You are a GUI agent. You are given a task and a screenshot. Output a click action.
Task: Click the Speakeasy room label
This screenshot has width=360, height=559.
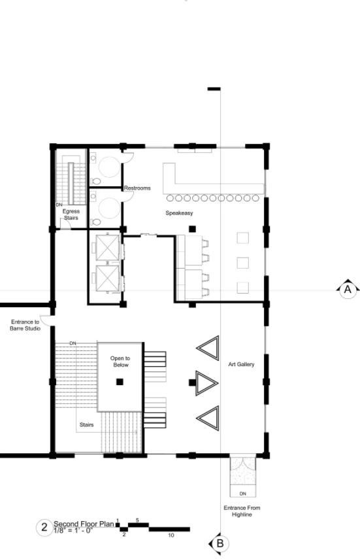[179, 213]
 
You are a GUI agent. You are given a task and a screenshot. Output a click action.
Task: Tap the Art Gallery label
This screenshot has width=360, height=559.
[241, 364]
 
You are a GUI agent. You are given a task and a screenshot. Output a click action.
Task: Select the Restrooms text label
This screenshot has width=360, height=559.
[137, 188]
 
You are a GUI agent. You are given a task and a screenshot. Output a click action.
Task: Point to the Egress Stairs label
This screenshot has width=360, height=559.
[71, 214]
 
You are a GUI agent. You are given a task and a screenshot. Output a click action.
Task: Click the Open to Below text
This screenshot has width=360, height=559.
[120, 362]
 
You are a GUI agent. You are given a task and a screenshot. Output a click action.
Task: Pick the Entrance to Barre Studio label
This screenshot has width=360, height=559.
[25, 325]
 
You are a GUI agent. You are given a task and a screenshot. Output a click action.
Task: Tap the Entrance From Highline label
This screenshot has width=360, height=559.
[242, 511]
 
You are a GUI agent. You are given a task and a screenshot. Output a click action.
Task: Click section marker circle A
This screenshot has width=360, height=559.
[348, 290]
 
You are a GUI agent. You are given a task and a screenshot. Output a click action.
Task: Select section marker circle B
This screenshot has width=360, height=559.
[220, 544]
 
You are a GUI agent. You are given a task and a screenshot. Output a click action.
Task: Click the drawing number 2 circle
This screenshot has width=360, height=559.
[44, 527]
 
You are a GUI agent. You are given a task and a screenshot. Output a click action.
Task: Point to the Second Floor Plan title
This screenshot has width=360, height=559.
[84, 524]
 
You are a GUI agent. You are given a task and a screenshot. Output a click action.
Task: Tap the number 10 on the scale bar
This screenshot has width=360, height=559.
[171, 535]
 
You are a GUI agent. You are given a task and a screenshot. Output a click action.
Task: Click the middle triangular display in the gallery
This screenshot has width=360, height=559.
[206, 383]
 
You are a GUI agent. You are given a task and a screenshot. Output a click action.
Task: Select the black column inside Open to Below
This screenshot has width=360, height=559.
[120, 382]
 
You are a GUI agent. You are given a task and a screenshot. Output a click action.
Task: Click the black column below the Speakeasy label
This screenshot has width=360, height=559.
[193, 229]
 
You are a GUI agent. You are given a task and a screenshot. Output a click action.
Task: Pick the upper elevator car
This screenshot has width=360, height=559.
[108, 247]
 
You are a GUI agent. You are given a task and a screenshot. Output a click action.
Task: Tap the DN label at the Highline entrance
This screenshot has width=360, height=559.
[243, 494]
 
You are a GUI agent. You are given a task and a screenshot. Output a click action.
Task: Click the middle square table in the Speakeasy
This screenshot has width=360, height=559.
[243, 263]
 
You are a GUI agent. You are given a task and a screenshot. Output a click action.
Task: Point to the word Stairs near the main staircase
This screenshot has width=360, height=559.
[87, 424]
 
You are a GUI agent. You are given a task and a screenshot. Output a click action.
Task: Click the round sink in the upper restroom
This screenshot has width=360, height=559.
[109, 167]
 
